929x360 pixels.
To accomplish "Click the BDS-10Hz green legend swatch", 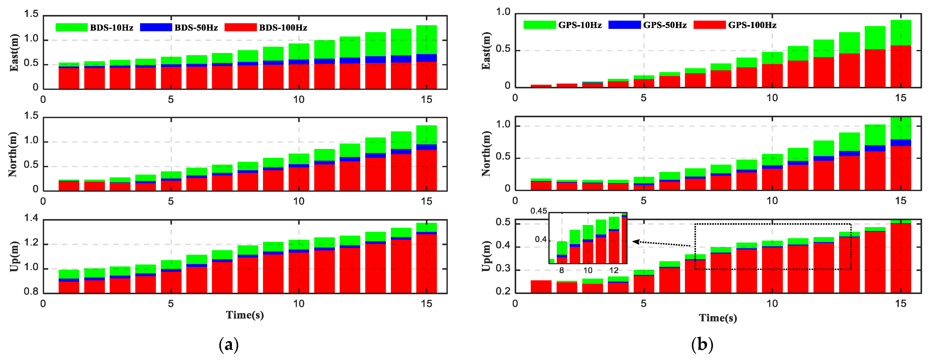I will click(71, 27).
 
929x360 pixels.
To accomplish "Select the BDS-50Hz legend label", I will click(196, 28).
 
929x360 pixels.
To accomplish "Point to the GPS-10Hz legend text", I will click(580, 25).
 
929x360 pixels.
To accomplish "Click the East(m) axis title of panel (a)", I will click(14, 53).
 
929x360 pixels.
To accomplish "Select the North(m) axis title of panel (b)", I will click(486, 154).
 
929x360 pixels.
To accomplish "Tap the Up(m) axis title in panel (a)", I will click(14, 256).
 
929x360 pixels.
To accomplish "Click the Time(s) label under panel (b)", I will click(718, 318).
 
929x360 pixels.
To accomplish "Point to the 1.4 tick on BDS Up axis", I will click(31, 218).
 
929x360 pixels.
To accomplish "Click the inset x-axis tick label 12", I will click(614, 270).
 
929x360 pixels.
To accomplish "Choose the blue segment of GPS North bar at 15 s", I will click(901, 143).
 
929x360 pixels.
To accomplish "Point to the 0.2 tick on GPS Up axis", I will click(503, 291).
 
